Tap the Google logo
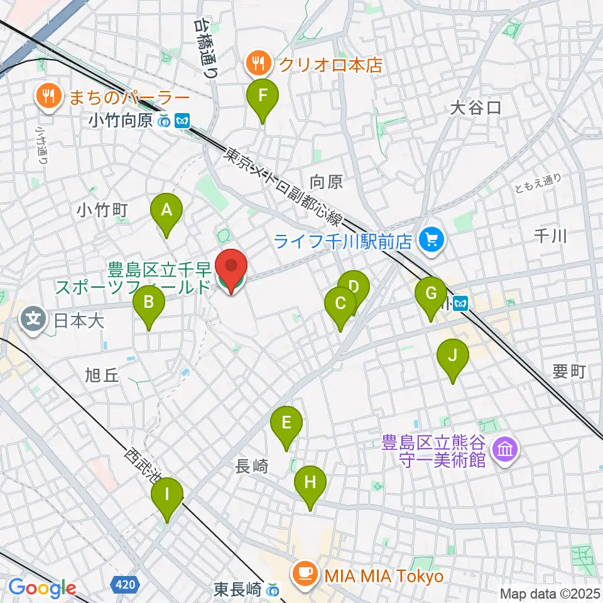tap(42, 588)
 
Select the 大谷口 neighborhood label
tap(475, 108)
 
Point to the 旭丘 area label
tap(101, 376)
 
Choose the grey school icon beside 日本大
tap(33, 319)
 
